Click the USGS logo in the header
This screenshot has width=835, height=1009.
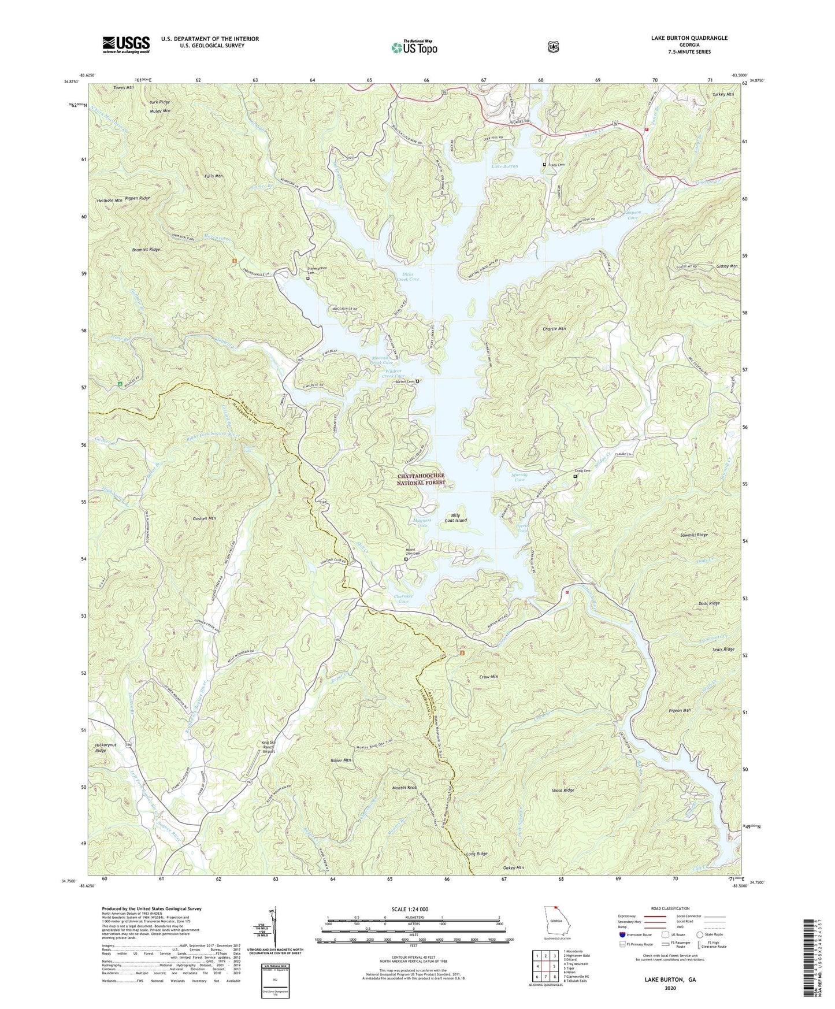(126, 44)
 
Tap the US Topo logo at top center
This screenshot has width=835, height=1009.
(413, 47)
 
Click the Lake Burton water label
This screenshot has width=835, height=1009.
(504, 166)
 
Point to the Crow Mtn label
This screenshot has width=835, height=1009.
(489, 676)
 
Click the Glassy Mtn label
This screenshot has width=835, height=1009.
(727, 266)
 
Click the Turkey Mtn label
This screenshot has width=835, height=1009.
(722, 94)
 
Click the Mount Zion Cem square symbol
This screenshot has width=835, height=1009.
(406, 559)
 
